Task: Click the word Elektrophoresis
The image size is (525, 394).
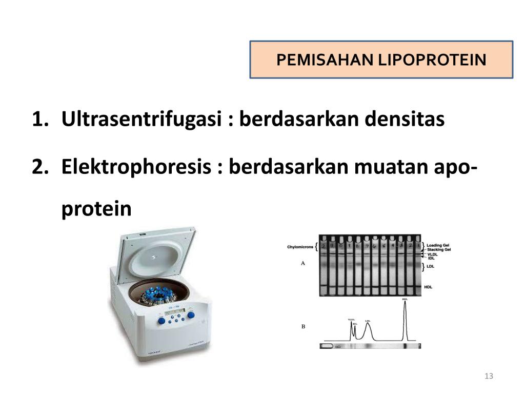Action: pos(137,166)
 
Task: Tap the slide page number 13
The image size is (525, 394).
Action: pos(488,377)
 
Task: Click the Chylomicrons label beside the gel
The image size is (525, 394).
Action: pos(300,247)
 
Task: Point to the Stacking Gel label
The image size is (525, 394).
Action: pos(439,250)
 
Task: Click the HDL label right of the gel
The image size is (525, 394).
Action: pos(429,287)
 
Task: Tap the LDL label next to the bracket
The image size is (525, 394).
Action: pos(431,266)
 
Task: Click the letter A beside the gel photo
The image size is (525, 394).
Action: pos(303,263)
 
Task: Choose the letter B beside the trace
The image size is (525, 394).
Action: pos(303,326)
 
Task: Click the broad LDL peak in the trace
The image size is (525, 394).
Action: pos(368,331)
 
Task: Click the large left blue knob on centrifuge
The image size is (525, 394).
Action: pos(161,321)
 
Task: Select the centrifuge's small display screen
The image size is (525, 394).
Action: pos(173,311)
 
